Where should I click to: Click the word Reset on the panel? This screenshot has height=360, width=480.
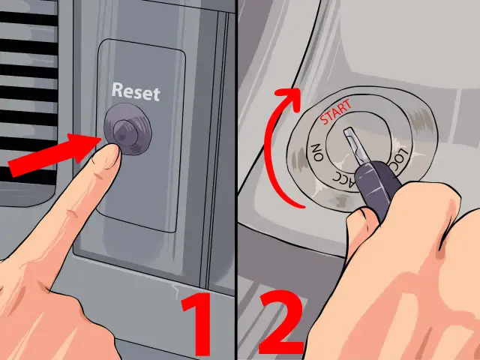[136, 91]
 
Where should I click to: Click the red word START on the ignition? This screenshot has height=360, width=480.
[336, 112]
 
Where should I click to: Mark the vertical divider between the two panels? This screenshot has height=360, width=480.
[236, 180]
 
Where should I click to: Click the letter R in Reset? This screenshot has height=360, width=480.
[117, 90]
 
